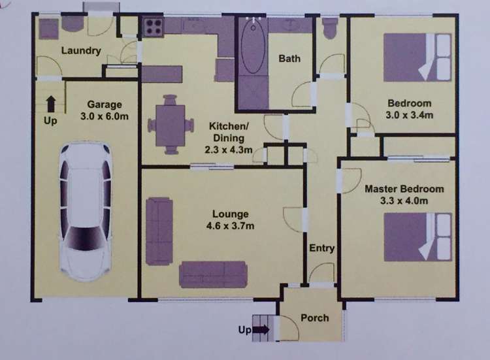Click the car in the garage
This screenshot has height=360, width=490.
86,210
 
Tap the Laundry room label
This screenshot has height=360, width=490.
80,51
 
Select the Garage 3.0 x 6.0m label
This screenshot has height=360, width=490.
105,110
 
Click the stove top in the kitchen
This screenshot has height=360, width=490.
153,27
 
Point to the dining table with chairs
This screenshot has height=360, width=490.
170,124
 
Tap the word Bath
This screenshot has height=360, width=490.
289,59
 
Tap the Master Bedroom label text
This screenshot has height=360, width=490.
404,189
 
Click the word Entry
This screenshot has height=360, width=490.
322,248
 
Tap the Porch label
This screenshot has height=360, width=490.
314,318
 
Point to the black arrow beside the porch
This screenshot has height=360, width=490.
260,331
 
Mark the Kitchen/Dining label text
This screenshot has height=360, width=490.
227,133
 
